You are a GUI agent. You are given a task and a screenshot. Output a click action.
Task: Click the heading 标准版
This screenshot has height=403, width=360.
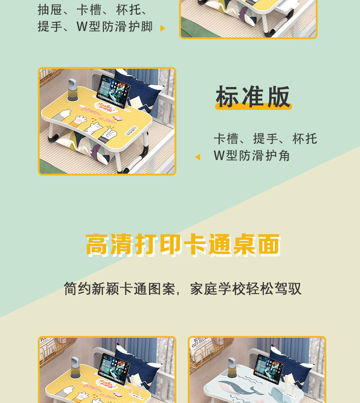tap(253, 97)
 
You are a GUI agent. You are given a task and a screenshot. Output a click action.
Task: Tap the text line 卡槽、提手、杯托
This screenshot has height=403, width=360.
tap(265, 139)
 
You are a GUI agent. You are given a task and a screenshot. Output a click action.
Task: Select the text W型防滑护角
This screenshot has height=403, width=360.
tap(252, 156)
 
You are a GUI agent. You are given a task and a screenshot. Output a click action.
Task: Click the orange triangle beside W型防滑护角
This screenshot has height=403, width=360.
tap(198, 157)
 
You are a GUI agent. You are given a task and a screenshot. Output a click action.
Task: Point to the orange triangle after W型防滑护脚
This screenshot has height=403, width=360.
tap(163, 28)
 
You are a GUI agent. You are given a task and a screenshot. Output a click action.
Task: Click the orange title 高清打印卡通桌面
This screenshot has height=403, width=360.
tap(183, 245)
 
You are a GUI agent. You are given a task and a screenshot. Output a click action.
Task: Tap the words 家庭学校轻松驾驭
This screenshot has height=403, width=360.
tap(246, 289)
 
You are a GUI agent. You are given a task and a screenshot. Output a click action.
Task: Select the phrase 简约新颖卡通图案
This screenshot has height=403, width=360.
tap(119, 289)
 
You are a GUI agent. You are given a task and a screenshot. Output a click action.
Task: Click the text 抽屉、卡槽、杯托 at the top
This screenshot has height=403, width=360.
tap(93, 10)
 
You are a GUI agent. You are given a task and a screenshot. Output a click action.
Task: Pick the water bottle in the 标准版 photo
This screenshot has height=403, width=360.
tap(72, 89)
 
